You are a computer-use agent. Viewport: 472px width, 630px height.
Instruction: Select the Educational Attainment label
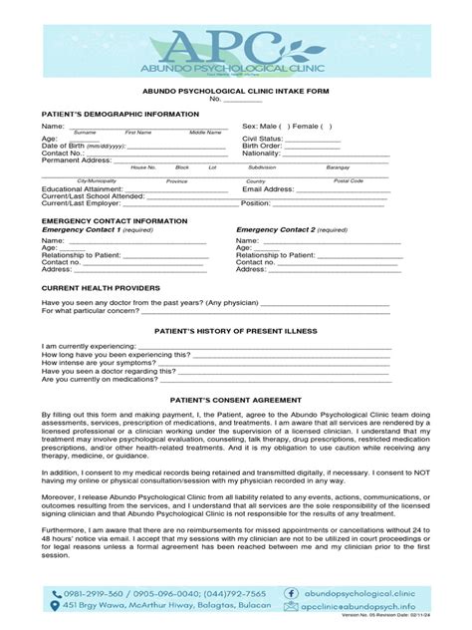coord(82,187)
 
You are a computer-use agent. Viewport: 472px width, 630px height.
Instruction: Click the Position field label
coord(256,203)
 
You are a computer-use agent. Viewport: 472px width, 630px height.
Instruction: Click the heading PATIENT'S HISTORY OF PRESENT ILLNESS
coord(235,327)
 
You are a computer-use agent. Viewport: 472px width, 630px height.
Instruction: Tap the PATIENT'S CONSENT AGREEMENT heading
coord(235,399)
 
